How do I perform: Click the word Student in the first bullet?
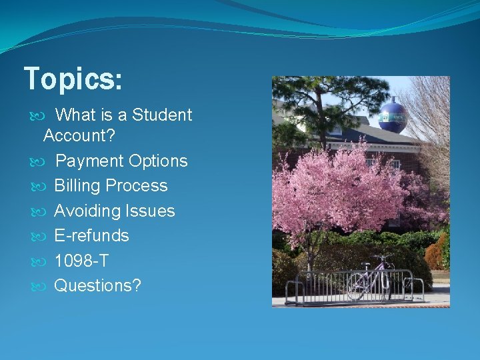point(162,115)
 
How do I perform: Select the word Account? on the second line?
point(79,136)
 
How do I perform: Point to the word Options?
point(158,161)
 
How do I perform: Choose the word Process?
point(141,186)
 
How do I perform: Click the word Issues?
point(149,211)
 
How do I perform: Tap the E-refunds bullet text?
point(91,236)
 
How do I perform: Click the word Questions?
point(97,286)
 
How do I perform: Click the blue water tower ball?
point(393,116)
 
